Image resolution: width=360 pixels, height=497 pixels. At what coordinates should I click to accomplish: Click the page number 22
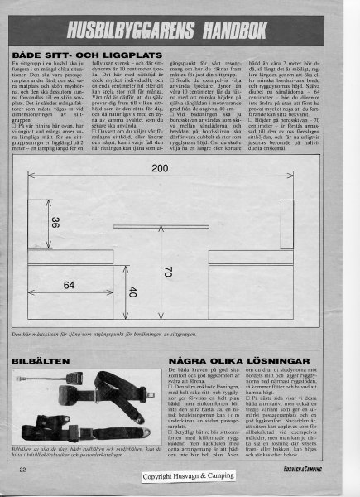pyautogui.click(x=22, y=470)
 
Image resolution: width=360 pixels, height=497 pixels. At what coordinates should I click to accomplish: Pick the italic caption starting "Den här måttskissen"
pyautogui.click(x=99, y=334)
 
